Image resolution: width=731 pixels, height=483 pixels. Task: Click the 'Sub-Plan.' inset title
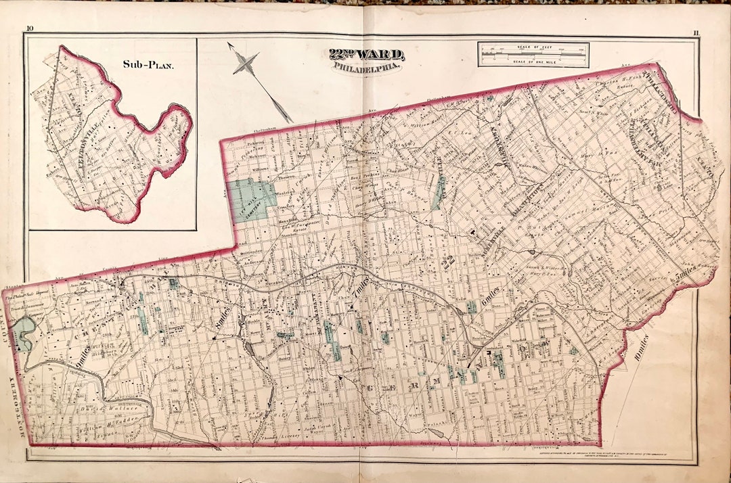pyautogui.click(x=148, y=66)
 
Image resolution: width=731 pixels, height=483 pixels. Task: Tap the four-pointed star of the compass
pyautogui.click(x=246, y=66)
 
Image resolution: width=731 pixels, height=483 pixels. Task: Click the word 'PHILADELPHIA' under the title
pyautogui.click(x=366, y=68)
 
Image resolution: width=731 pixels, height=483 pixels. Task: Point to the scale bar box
pyautogui.click(x=533, y=55)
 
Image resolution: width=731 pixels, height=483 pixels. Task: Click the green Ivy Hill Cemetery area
pyautogui.click(x=251, y=197)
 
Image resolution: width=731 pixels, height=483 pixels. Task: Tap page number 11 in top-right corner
pyautogui.click(x=696, y=32)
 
